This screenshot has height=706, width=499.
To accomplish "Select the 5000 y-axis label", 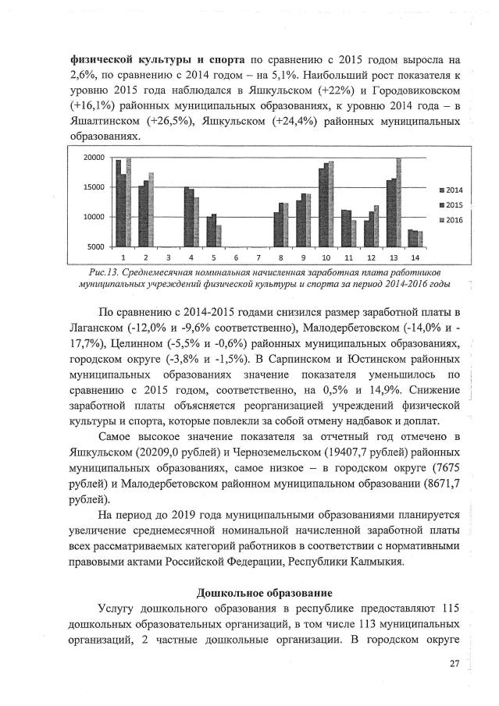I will [x=96, y=247].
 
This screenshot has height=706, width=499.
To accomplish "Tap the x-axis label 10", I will [x=326, y=257].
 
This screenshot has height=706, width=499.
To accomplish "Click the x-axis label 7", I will [x=258, y=257].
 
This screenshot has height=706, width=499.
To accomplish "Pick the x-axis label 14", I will [x=415, y=257].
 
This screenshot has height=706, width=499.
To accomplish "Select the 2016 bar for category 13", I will [x=399, y=202].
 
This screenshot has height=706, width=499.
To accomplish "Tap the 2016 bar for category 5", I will [x=219, y=236].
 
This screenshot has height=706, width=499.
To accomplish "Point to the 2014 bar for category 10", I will [x=320, y=207].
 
